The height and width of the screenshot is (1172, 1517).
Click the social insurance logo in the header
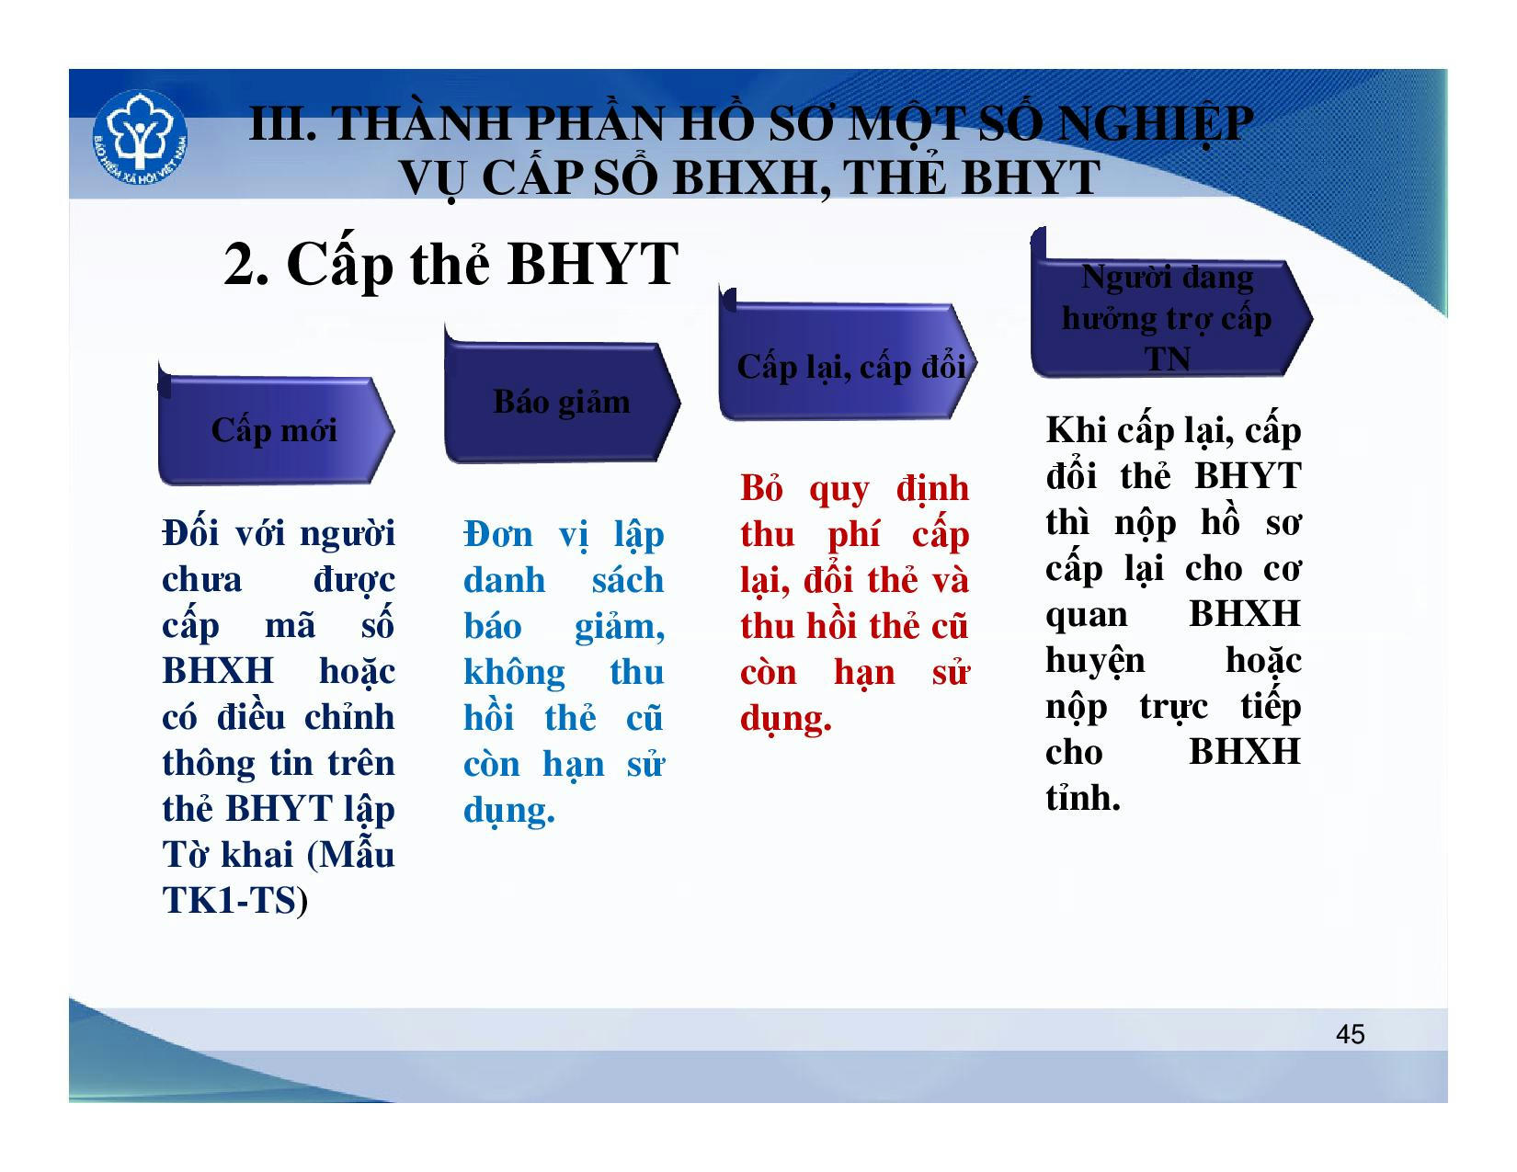point(141,138)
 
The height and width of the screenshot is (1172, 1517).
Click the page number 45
point(1350,1034)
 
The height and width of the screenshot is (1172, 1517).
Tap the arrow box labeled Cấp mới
point(276,425)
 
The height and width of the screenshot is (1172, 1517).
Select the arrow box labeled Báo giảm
point(562,396)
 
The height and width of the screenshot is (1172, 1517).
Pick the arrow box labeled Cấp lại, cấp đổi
point(849,356)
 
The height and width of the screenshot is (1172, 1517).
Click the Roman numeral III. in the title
point(283,124)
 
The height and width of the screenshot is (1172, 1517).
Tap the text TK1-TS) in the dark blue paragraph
point(234,901)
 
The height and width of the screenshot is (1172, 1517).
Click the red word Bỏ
point(761,488)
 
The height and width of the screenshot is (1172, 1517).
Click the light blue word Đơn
point(497,535)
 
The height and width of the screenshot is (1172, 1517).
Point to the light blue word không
point(515,673)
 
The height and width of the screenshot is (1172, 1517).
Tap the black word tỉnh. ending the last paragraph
point(1083,797)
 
